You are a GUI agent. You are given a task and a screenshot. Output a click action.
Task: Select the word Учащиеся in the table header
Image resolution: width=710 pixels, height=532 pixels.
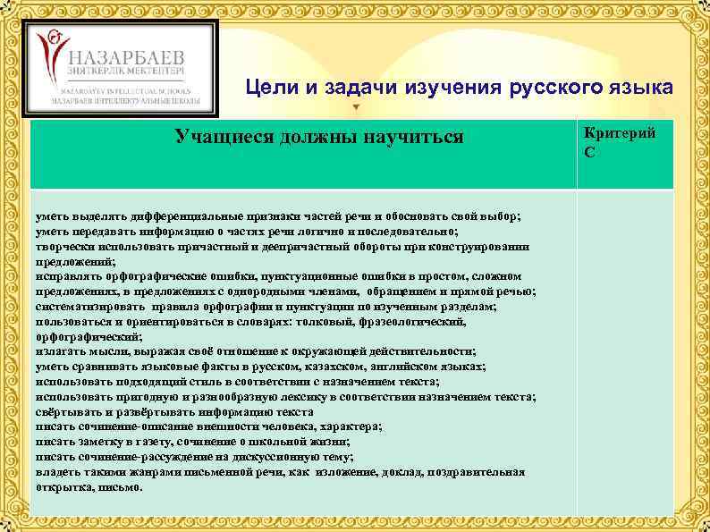pos(220,137)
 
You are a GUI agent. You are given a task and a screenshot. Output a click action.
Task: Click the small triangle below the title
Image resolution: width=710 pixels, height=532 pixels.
pos(357,107)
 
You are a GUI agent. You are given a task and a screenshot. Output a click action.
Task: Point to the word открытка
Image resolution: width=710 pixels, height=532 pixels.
pos(63,487)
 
